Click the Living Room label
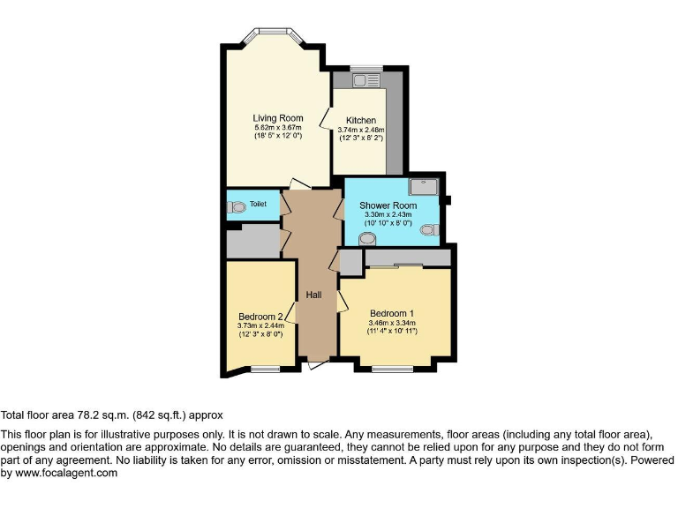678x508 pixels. pyautogui.click(x=278, y=118)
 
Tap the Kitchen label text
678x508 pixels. pyautogui.click(x=360, y=121)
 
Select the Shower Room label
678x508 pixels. pyautogui.click(x=388, y=205)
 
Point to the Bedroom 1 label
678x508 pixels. pyautogui.click(x=392, y=314)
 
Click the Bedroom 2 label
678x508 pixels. pyautogui.click(x=260, y=317)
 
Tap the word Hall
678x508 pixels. pyautogui.click(x=313, y=295)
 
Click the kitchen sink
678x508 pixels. pyautogui.click(x=365, y=81)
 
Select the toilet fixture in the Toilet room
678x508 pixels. pyautogui.click(x=236, y=207)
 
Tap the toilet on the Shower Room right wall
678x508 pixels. pyautogui.click(x=430, y=230)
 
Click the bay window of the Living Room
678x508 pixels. pyautogui.click(x=275, y=36)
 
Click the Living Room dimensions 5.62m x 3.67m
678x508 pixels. pyautogui.click(x=278, y=128)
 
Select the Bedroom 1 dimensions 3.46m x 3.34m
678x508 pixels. pyautogui.click(x=392, y=324)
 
